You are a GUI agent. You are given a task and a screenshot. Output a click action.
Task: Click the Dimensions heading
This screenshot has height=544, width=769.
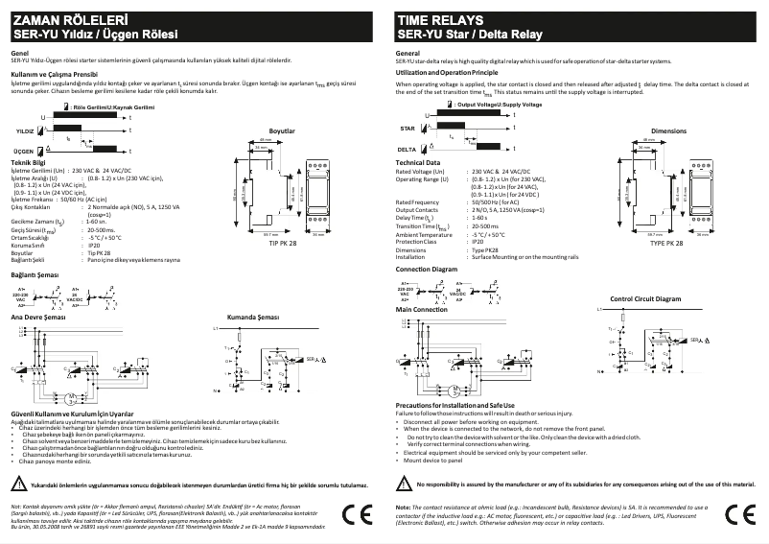click(668, 130)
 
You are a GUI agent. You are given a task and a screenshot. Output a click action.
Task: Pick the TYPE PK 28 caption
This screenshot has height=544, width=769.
click(667, 244)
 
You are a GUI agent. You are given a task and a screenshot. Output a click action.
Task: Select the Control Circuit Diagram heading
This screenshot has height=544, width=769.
click(644, 299)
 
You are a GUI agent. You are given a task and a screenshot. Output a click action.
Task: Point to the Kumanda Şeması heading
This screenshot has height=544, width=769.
click(252, 316)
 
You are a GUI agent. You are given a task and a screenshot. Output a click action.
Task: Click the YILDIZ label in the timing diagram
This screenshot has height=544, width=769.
click(25, 129)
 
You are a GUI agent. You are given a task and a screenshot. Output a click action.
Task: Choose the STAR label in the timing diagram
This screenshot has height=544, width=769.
click(407, 127)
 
